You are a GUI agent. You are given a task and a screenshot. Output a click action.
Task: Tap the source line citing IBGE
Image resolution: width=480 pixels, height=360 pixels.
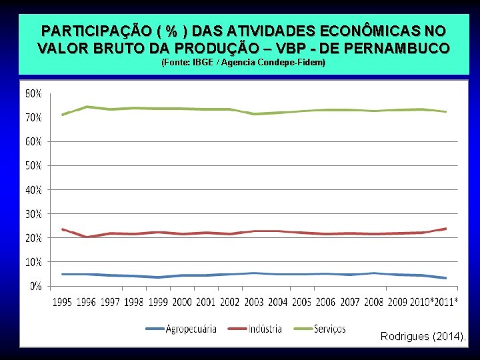pyautogui.click(x=243, y=63)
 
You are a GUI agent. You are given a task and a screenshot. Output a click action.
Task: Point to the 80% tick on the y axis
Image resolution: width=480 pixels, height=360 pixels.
pyautogui.click(x=33, y=93)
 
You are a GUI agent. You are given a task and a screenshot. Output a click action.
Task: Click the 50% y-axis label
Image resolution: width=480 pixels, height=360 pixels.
pyautogui.click(x=33, y=165)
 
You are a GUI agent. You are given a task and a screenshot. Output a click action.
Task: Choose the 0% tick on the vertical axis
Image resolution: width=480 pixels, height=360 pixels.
pyautogui.click(x=36, y=286)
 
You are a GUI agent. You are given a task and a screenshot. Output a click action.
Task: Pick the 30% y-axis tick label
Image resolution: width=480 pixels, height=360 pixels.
pyautogui.click(x=33, y=214)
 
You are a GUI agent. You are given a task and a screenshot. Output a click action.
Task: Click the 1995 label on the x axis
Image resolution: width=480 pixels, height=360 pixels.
pyautogui.click(x=63, y=303)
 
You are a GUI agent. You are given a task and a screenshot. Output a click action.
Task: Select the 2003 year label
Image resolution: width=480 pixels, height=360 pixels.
pyautogui.click(x=254, y=303)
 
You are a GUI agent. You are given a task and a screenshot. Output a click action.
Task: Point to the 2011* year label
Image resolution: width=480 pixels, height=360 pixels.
pyautogui.click(x=445, y=303)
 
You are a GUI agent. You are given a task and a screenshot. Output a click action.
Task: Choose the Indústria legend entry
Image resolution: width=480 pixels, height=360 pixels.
pyautogui.click(x=263, y=329)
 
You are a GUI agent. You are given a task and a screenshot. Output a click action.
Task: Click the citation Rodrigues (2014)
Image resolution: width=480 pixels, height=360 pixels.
pyautogui.click(x=423, y=336)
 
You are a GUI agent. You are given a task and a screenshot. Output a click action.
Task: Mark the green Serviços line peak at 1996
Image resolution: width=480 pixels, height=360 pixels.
pyautogui.click(x=87, y=107)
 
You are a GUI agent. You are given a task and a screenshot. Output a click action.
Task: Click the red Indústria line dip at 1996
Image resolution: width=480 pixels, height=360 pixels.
pyautogui.click(x=87, y=237)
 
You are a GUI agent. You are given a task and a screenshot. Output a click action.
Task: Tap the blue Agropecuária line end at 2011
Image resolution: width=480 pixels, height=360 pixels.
pyautogui.click(x=445, y=278)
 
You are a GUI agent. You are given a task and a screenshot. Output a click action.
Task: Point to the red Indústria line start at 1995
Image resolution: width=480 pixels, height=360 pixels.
pyautogui.click(x=63, y=229)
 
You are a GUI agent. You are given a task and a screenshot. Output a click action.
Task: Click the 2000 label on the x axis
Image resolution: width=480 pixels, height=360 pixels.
pyautogui.click(x=182, y=303)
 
